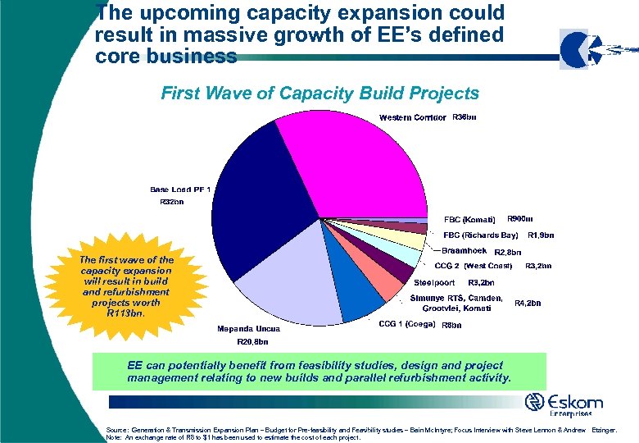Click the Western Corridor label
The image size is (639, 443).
tap(412, 118)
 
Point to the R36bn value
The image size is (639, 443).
tap(465, 117)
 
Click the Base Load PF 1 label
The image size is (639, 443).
tap(180, 190)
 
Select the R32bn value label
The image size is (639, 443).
tap(171, 202)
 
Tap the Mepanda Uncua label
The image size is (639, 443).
tap(248, 329)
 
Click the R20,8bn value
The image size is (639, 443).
tap(252, 341)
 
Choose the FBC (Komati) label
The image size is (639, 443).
tap(469, 220)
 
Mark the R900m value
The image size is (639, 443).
tap(520, 219)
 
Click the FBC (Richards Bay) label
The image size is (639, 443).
tap(480, 235)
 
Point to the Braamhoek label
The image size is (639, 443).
tap(465, 250)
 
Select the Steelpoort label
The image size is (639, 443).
tap(434, 282)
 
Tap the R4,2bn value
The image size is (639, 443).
tap(528, 303)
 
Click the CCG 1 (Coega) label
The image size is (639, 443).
tap(409, 324)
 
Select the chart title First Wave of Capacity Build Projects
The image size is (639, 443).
tap(320, 94)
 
